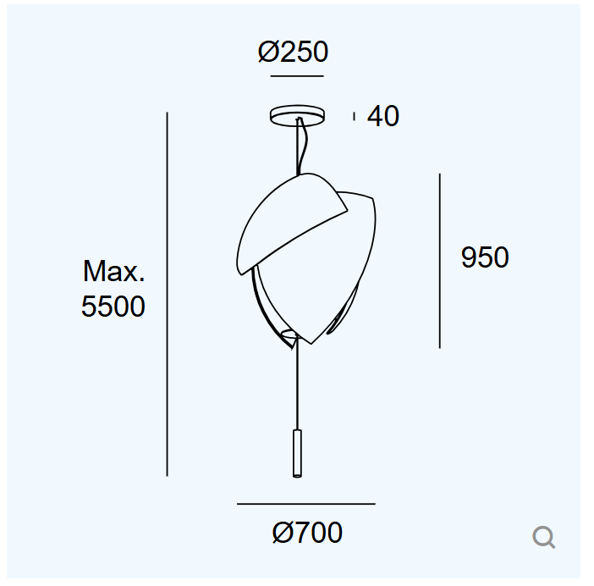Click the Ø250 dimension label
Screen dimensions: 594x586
[x=293, y=52]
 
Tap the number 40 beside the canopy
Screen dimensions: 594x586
[x=383, y=116]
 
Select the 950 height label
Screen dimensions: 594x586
[x=485, y=257]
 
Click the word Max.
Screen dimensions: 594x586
[x=113, y=271]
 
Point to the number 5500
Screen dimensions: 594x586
[x=113, y=306]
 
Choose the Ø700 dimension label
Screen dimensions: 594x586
[x=307, y=532]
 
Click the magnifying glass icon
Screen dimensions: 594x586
[x=543, y=537]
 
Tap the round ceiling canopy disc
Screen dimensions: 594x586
[x=297, y=115]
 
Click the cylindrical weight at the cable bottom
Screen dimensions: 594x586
[x=297, y=453]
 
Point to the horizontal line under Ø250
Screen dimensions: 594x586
[x=297, y=76]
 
